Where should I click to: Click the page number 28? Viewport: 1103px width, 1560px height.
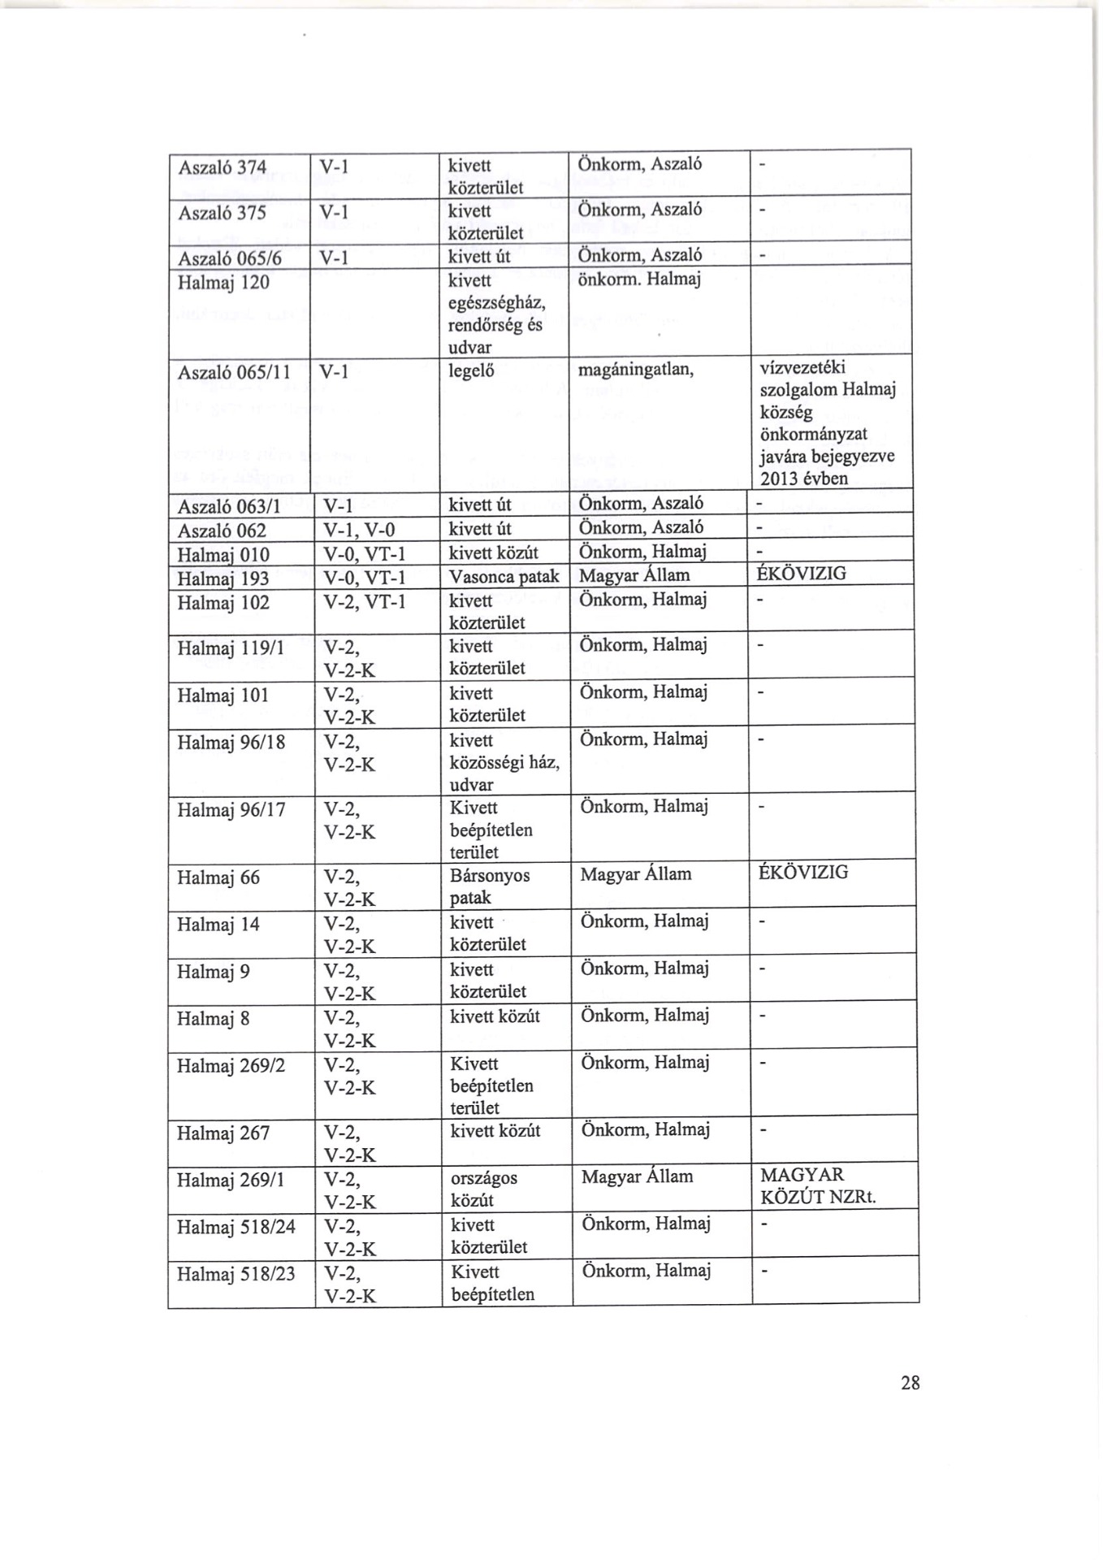pos(910,1383)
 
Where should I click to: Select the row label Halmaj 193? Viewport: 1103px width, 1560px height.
pos(223,579)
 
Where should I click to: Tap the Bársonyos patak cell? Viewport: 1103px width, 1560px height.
pos(489,886)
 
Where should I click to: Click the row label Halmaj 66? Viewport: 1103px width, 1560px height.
pos(218,877)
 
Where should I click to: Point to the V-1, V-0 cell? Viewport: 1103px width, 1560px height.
pos(358,531)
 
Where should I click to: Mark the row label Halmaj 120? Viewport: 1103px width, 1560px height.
pos(223,284)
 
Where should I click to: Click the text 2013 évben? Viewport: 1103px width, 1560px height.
pos(803,479)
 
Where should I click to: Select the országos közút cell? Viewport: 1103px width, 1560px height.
pos(484,1189)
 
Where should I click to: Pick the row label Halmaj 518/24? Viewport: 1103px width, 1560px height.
pos(236,1226)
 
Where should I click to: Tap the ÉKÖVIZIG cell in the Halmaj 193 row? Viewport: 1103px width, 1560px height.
pos(802,574)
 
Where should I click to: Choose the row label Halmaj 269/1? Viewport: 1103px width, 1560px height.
pos(231,1179)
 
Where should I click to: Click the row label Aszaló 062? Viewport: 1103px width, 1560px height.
pos(222,531)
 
